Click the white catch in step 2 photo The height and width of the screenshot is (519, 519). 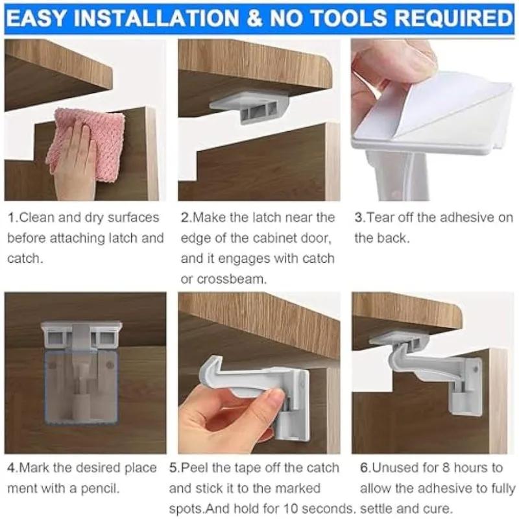tap(250, 107)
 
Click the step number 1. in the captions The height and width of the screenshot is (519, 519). tap(12, 218)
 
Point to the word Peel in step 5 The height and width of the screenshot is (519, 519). tap(195, 468)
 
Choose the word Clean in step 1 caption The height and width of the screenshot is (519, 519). tap(38, 218)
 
